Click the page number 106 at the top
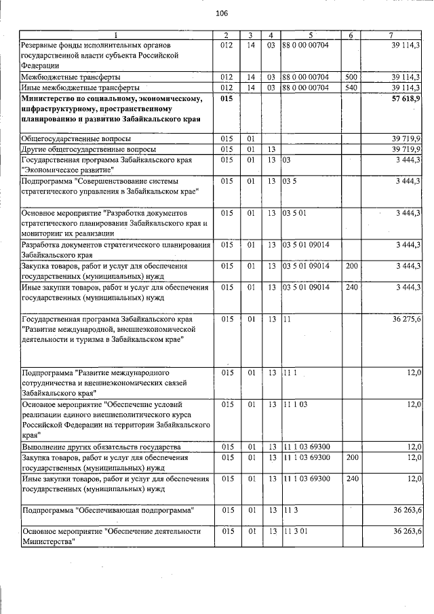[x=221, y=14]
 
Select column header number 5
[x=309, y=35]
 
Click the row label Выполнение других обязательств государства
[x=101, y=447]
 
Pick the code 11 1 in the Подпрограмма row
[x=290, y=373]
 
